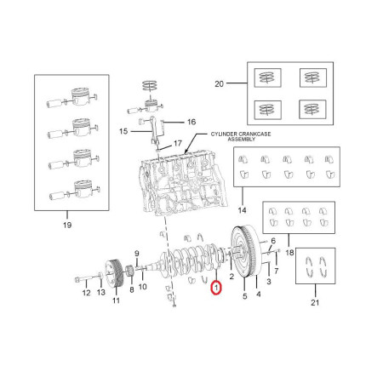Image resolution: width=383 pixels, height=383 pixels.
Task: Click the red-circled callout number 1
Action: click(x=216, y=288)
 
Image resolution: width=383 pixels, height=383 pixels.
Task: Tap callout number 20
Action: click(x=219, y=84)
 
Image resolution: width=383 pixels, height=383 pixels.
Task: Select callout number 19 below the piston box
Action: click(x=67, y=225)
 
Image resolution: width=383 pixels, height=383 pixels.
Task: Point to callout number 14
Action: click(x=242, y=210)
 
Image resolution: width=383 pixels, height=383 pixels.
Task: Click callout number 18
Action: click(x=289, y=252)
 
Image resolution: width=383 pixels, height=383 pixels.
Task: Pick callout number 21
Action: click(x=315, y=302)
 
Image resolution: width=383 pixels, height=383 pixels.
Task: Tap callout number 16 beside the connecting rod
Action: click(x=191, y=122)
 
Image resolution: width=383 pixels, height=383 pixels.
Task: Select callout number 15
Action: click(x=123, y=131)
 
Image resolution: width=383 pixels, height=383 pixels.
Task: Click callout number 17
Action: click(x=178, y=143)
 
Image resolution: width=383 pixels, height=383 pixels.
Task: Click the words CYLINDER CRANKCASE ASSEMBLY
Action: click(x=241, y=136)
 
